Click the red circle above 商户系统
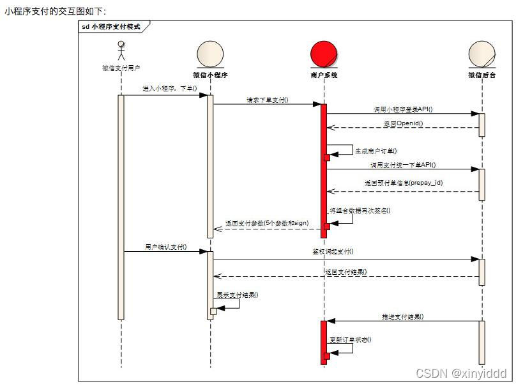[x=323, y=54]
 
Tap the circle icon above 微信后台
[x=482, y=54]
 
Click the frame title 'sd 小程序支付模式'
[x=112, y=27]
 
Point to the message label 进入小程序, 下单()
[x=170, y=89]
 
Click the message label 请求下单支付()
[x=268, y=100]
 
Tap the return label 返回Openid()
[x=403, y=123]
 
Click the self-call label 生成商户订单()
[x=376, y=151]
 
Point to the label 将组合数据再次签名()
[x=360, y=210]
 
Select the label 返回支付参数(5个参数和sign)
[x=267, y=223]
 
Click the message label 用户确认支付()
[x=165, y=247]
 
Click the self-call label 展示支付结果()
[x=238, y=295]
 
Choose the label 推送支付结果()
[x=403, y=316]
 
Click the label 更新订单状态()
[x=350, y=339]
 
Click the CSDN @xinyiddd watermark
[x=460, y=373]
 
